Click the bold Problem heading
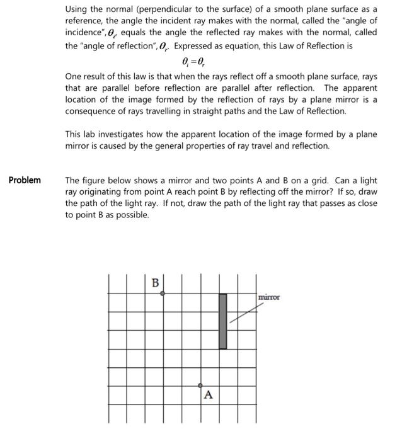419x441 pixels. coord(25,180)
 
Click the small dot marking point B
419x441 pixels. coord(163,294)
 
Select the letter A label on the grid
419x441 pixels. coord(208,395)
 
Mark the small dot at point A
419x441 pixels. coord(200,385)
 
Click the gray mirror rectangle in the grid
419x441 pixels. coord(222,321)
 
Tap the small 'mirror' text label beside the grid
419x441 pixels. coord(269,297)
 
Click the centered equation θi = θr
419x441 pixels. coord(192,62)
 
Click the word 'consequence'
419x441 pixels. coord(93,111)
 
